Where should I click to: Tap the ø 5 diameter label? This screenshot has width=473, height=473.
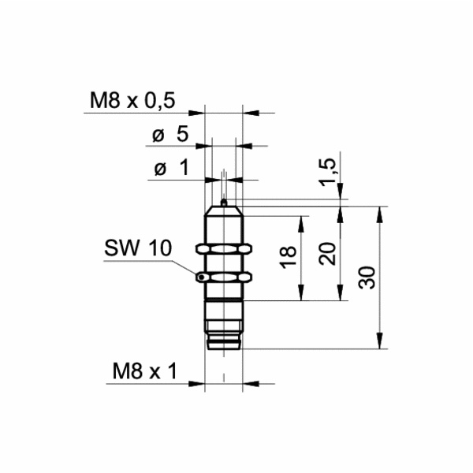click(x=169, y=134)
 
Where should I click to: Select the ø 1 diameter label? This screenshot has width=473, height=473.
click(x=169, y=168)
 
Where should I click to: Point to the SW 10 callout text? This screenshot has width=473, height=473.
click(x=136, y=248)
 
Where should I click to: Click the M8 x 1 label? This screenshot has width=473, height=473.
click(x=143, y=371)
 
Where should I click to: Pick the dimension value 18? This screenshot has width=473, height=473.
click(x=288, y=256)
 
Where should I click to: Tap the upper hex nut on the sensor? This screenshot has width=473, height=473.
click(x=224, y=249)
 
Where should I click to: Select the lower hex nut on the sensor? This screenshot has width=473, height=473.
click(x=224, y=277)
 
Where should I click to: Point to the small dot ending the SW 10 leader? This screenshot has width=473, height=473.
click(x=202, y=277)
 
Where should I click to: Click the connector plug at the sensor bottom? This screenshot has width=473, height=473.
click(x=224, y=335)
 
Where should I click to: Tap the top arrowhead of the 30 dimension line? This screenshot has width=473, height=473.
click(x=382, y=212)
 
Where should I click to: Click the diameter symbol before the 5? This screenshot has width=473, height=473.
click(x=157, y=135)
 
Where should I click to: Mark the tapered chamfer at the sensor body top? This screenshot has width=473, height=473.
click(x=224, y=211)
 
